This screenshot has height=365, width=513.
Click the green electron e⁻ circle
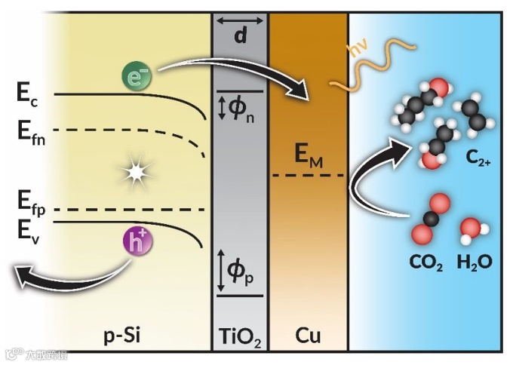136,74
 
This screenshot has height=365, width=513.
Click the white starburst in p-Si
135,173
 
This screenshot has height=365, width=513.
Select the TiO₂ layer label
240,336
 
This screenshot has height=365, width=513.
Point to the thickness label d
241,35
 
